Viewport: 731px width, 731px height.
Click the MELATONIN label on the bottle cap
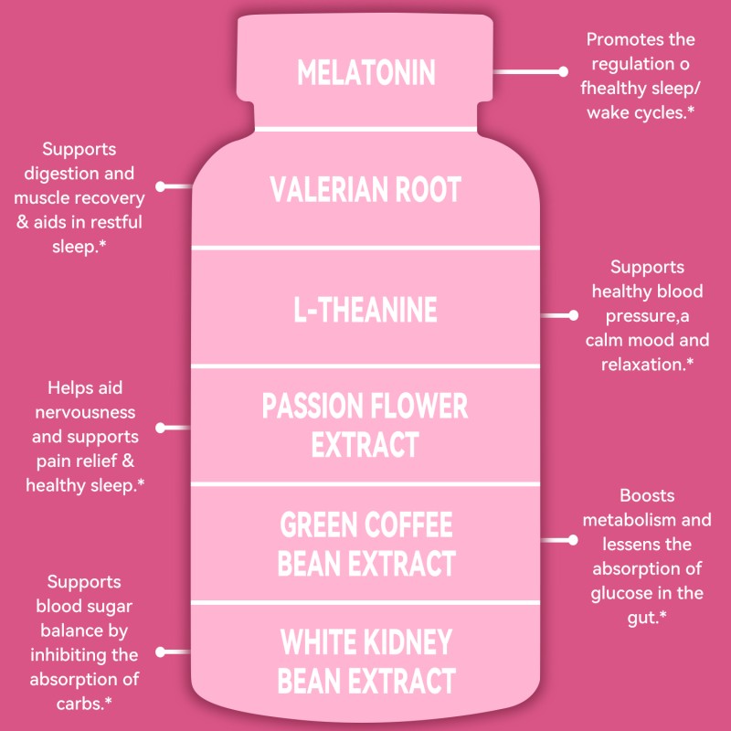pos(365,72)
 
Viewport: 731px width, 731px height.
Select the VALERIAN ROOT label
pos(365,190)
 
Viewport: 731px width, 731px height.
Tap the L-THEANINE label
pos(365,310)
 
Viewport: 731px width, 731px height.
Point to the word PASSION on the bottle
pos(314,406)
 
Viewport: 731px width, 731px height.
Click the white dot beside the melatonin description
pos(564,70)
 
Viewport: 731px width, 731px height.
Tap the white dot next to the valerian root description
pos(160,186)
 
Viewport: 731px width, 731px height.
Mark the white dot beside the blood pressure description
pos(574,315)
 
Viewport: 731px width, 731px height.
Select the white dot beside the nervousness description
pos(160,427)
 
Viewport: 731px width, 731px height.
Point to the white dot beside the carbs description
pos(160,652)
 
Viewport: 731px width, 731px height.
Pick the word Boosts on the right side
pos(647,496)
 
